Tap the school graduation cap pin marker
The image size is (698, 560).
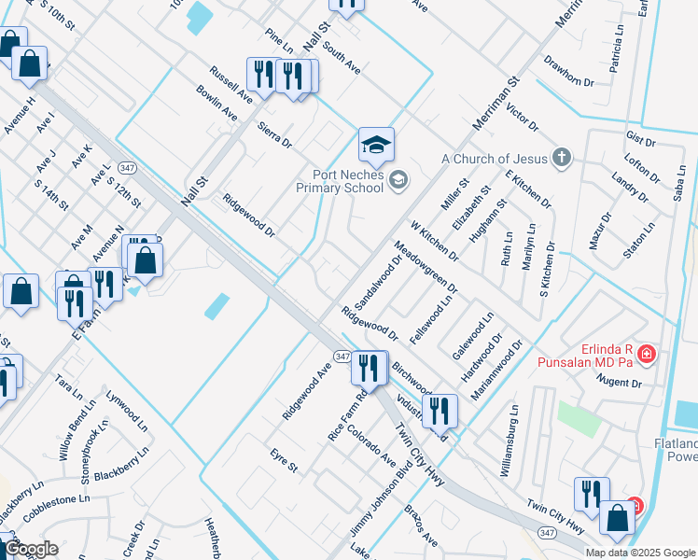coord(376,145)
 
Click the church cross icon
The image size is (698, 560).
coord(561,157)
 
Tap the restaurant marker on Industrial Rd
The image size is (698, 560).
coord(440,410)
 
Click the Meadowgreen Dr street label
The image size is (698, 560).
coord(426,267)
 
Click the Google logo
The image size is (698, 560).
coord(32,548)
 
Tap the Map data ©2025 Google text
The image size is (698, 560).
coord(640,552)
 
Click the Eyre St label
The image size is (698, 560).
coord(284,461)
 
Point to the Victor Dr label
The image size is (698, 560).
coord(522,117)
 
